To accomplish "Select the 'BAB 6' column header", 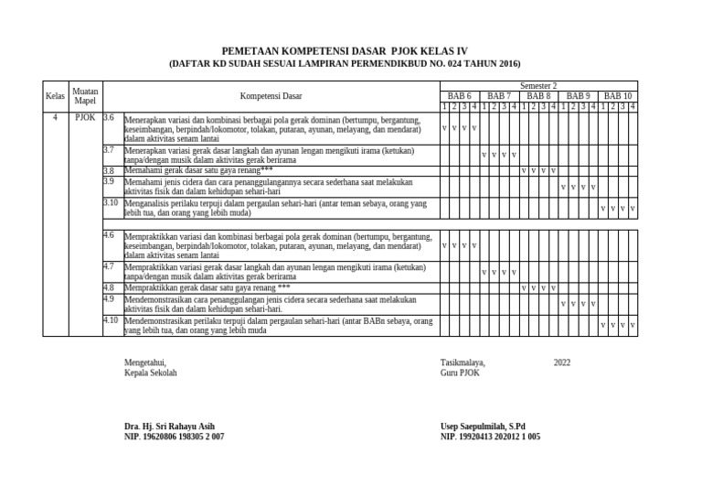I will pyautogui.click(x=459, y=95).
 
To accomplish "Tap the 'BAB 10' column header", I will pyautogui.click(x=618, y=95).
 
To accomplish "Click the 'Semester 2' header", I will pyautogui.click(x=538, y=85).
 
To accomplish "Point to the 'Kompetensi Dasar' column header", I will pyautogui.click(x=271, y=95).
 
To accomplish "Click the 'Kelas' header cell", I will pyautogui.click(x=55, y=95).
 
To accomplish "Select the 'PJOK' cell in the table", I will pyautogui.click(x=85, y=117).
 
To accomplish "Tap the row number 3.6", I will pyautogui.click(x=109, y=117).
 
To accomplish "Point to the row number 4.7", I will pyautogui.click(x=109, y=266).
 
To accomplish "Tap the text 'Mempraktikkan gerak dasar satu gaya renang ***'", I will pyautogui.click(x=207, y=287).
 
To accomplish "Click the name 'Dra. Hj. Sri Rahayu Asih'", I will pyautogui.click(x=170, y=427).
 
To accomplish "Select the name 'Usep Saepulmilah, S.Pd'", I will pyautogui.click(x=483, y=427).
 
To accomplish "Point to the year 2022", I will pyautogui.click(x=562, y=362).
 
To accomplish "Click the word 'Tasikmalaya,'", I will pyautogui.click(x=463, y=362).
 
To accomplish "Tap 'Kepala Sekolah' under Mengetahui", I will pyautogui.click(x=151, y=373).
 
